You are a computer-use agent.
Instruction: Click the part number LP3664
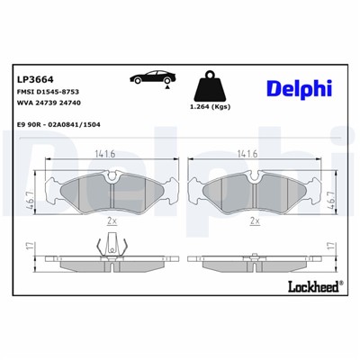pyautogui.click(x=33, y=78)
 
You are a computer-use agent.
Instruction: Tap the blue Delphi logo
pyautogui.click(x=300, y=87)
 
